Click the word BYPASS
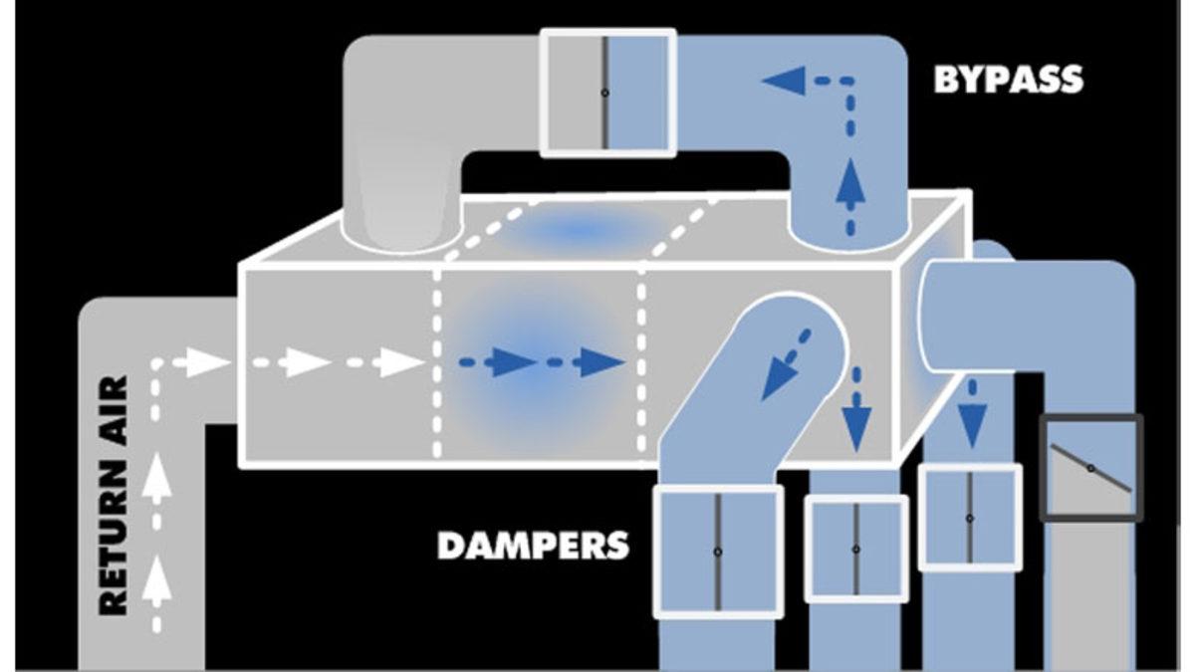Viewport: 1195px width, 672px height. click(x=1008, y=80)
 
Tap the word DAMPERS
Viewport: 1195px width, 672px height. click(x=534, y=545)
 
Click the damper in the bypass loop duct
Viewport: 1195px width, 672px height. click(x=606, y=92)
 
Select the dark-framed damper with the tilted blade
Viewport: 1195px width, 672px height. click(x=1090, y=468)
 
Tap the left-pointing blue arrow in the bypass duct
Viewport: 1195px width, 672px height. click(x=787, y=80)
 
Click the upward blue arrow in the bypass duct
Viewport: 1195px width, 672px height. click(x=849, y=183)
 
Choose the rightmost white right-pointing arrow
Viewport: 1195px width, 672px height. click(x=403, y=362)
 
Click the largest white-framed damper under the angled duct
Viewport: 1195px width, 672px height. click(x=717, y=551)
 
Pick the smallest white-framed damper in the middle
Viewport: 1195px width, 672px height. click(x=856, y=549)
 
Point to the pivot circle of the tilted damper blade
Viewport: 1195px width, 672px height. click(x=1090, y=468)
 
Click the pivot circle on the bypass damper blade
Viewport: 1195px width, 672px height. click(x=605, y=93)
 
